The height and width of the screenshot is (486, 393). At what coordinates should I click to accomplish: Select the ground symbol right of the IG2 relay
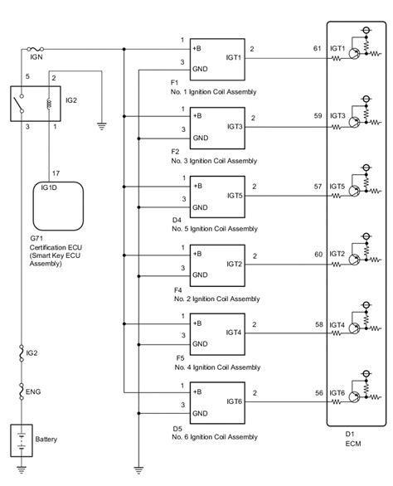pos(100,127)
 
